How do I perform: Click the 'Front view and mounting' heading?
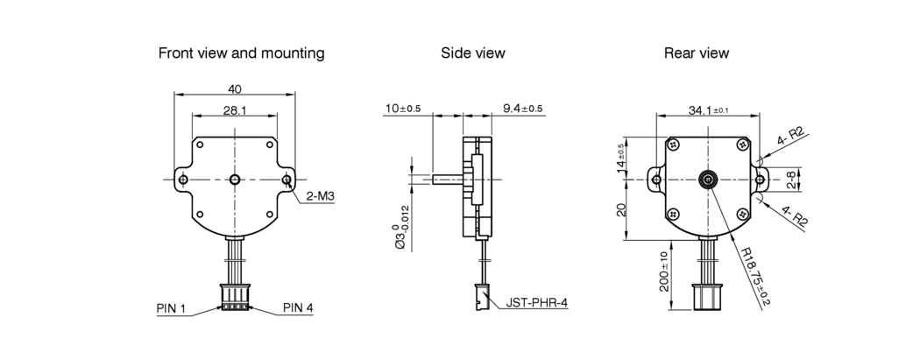pos(241,53)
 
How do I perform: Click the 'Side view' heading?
pos(473,53)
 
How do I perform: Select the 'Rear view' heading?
pos(697,53)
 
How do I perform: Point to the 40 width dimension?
pos(235,89)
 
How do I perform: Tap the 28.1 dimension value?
pos(235,109)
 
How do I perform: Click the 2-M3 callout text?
pos(321,196)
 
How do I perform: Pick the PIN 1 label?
pos(171,307)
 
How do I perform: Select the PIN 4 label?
pos(298,307)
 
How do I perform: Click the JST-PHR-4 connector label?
pos(537,303)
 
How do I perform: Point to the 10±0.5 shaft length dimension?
pos(403,109)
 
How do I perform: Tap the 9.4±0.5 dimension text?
pos(523,109)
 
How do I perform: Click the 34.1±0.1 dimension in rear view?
pos(708,109)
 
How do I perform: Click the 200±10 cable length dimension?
pos(663,272)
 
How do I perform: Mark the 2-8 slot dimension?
pos(791,180)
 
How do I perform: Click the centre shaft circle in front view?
pos(236,179)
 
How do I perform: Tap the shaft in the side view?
pos(449,179)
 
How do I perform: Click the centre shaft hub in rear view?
pos(708,180)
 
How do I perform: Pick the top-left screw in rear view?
pos(673,145)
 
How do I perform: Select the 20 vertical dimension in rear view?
pos(622,209)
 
